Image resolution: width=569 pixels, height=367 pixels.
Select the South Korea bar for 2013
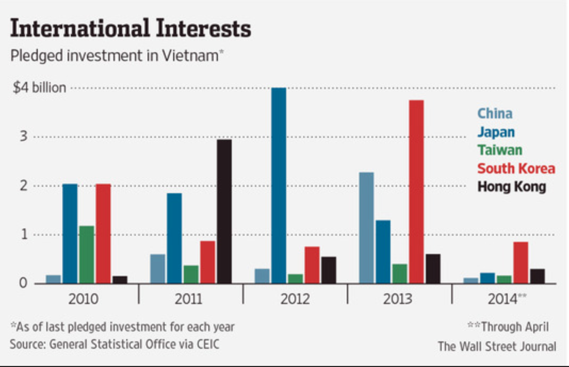[x=417, y=192]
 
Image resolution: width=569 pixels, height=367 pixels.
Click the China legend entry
[x=494, y=113]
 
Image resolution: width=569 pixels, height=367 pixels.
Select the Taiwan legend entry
[x=499, y=150]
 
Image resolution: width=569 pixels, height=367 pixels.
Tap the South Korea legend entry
[x=516, y=169]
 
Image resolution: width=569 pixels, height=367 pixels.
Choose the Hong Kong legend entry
[x=511, y=187]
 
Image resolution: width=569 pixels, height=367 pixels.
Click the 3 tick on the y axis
[x=22, y=137]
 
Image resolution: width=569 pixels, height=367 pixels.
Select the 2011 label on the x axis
[x=188, y=299]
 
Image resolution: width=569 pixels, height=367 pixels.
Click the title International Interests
[x=130, y=29]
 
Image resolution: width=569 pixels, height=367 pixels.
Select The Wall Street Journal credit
[x=497, y=346]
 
